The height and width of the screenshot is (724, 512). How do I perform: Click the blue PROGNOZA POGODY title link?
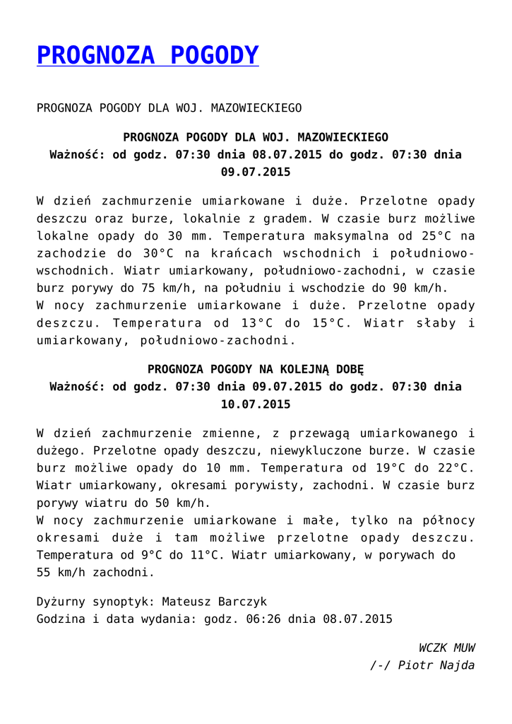148,55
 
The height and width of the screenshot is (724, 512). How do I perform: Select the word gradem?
287,218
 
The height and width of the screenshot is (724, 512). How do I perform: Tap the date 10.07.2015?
255,404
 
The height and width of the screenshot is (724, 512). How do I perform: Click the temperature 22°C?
449,467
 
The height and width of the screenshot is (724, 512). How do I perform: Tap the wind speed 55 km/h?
64,572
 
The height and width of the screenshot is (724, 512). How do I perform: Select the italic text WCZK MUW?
446,648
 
